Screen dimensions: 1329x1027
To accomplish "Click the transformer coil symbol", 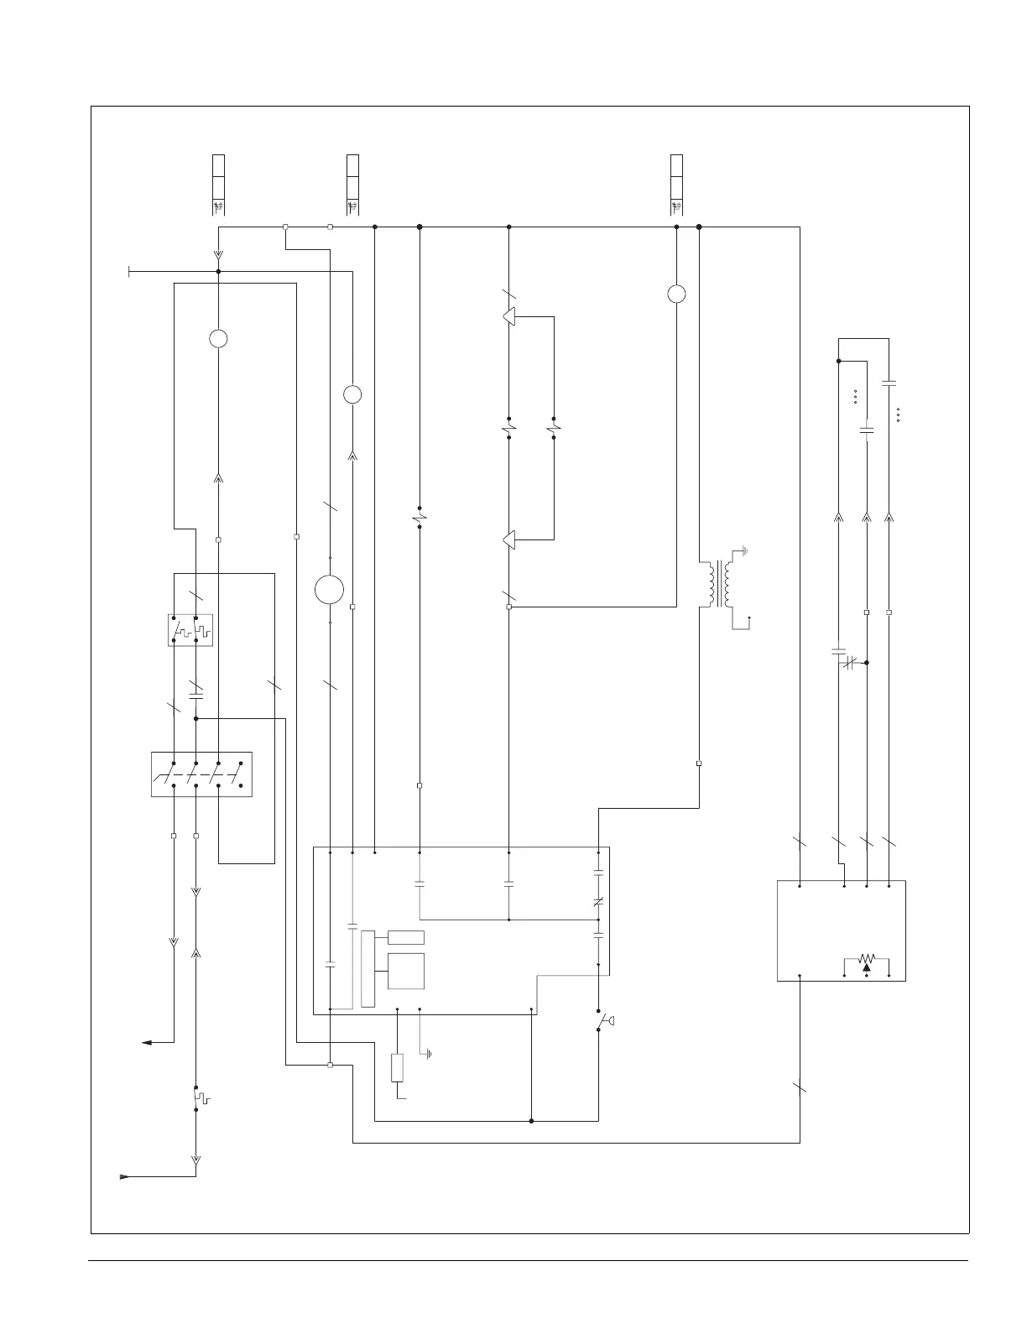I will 718,584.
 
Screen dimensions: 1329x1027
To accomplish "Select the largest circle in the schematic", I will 330,589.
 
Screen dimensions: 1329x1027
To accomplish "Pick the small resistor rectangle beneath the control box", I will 398,1067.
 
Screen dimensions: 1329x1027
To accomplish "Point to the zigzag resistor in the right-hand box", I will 867,958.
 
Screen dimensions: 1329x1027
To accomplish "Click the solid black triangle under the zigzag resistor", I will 867,967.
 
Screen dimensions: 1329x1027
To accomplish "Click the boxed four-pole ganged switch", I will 201,774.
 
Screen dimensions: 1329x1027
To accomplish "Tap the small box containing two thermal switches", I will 190,630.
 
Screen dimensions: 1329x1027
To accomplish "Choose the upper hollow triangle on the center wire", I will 508,316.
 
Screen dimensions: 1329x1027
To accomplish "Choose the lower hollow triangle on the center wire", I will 508,539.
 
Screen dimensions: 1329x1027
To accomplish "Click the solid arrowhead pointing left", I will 147,1042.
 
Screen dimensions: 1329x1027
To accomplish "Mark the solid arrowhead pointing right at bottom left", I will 125,1176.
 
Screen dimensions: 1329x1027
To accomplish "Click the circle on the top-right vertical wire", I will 676,294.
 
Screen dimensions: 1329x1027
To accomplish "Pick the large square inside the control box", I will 406,971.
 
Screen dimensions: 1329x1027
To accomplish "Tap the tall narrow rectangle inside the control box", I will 368,968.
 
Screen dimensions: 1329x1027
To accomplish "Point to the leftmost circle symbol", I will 218,339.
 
